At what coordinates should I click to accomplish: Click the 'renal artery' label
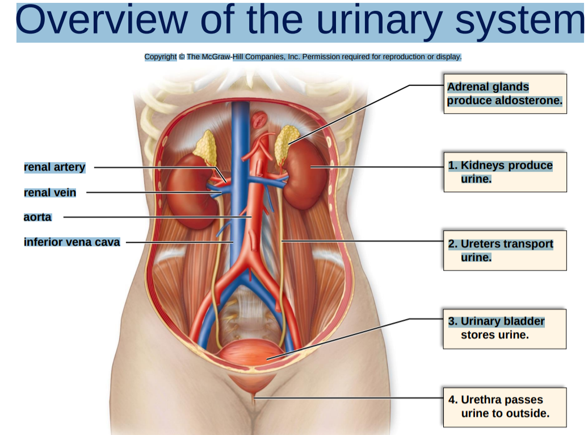54,167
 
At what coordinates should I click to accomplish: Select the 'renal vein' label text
50,193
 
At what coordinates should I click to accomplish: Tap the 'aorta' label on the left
37,217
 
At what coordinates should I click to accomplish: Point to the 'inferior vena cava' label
72,242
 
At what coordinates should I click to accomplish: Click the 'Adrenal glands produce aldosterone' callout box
505,94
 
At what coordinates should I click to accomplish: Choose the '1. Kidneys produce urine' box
505,172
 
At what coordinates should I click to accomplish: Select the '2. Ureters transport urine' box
505,250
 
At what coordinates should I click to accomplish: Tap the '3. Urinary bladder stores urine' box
505,329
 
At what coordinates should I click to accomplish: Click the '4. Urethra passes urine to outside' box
505,407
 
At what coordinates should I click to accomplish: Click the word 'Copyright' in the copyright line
161,57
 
